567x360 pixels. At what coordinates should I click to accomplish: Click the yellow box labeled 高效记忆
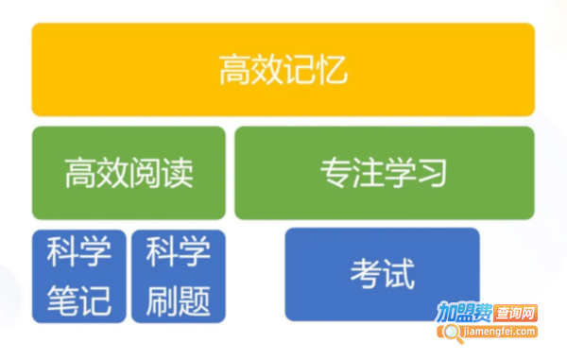pyautogui.click(x=283, y=69)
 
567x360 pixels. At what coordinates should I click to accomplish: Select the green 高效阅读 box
pyautogui.click(x=129, y=173)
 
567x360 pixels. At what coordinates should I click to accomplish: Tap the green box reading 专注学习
pyautogui.click(x=384, y=173)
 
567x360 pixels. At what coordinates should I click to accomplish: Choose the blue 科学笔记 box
pyautogui.click(x=79, y=276)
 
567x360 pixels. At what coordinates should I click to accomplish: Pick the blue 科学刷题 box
pyautogui.click(x=179, y=276)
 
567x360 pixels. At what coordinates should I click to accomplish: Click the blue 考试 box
pyautogui.click(x=382, y=274)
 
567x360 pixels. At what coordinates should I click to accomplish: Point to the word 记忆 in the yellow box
pyautogui.click(x=316, y=70)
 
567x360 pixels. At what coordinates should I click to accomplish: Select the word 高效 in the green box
pyautogui.click(x=96, y=173)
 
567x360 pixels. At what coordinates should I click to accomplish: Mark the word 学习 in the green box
pyautogui.click(x=417, y=173)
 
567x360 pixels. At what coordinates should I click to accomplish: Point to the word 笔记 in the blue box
pyautogui.click(x=79, y=301)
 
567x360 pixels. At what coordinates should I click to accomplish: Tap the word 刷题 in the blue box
pyautogui.click(x=179, y=301)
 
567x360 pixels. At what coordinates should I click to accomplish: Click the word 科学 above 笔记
pyautogui.click(x=79, y=252)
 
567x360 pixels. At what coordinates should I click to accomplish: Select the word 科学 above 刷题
pyautogui.click(x=179, y=252)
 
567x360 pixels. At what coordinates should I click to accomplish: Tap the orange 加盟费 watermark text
pyautogui.click(x=464, y=314)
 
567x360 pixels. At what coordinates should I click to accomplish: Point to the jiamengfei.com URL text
pyautogui.click(x=498, y=332)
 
